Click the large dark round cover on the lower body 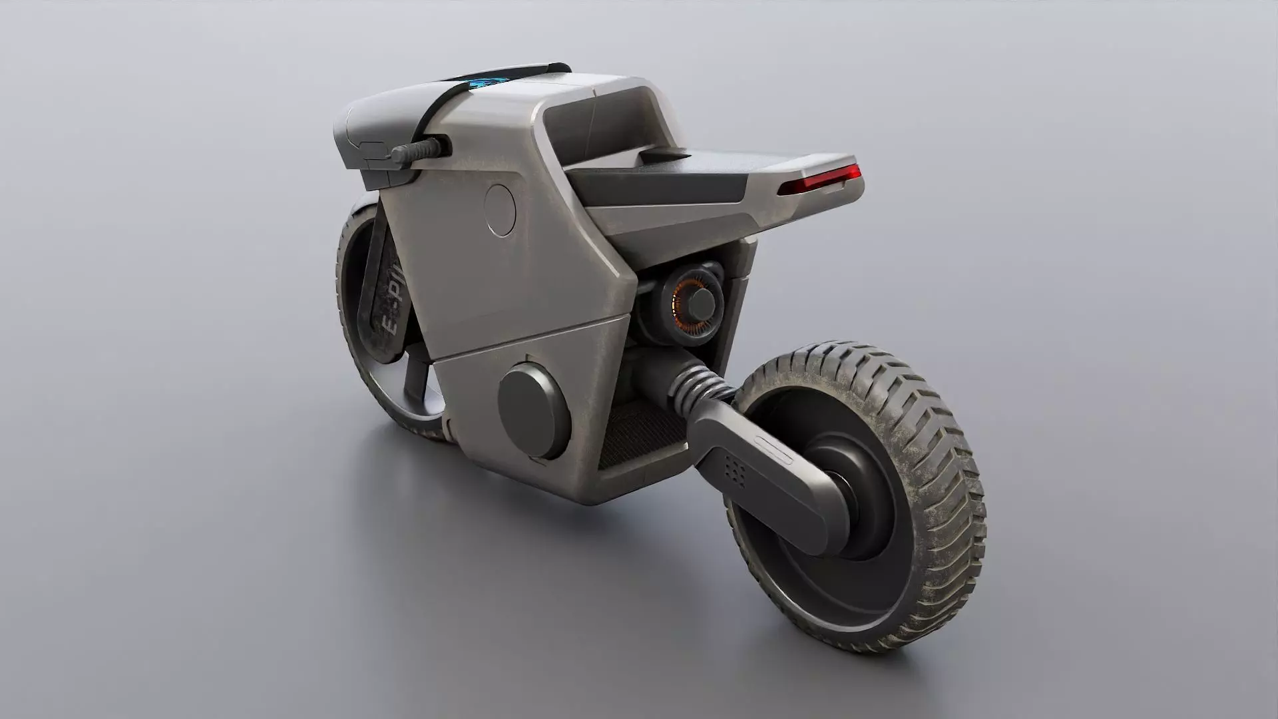click(532, 412)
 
